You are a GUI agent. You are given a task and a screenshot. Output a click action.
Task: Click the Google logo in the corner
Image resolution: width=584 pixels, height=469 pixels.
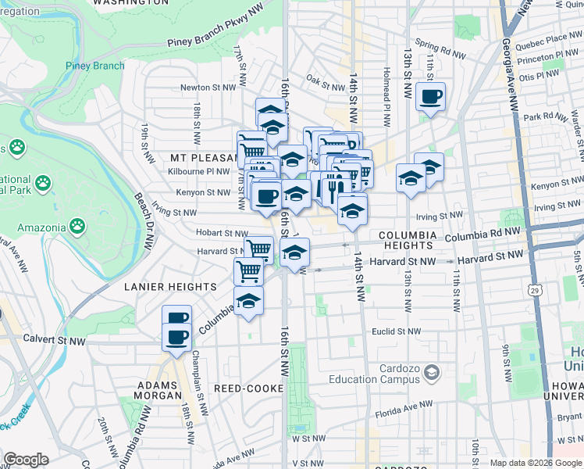point(26,460)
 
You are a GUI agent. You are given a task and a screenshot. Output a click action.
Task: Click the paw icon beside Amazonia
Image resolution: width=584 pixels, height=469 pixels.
point(77,227)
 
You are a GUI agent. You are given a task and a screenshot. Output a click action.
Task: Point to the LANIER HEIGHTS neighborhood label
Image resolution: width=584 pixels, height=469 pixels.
point(170,287)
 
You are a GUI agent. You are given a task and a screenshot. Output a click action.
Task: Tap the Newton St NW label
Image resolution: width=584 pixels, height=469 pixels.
point(208,88)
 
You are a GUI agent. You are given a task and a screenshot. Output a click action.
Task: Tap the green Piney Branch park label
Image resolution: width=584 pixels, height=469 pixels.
point(94,66)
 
